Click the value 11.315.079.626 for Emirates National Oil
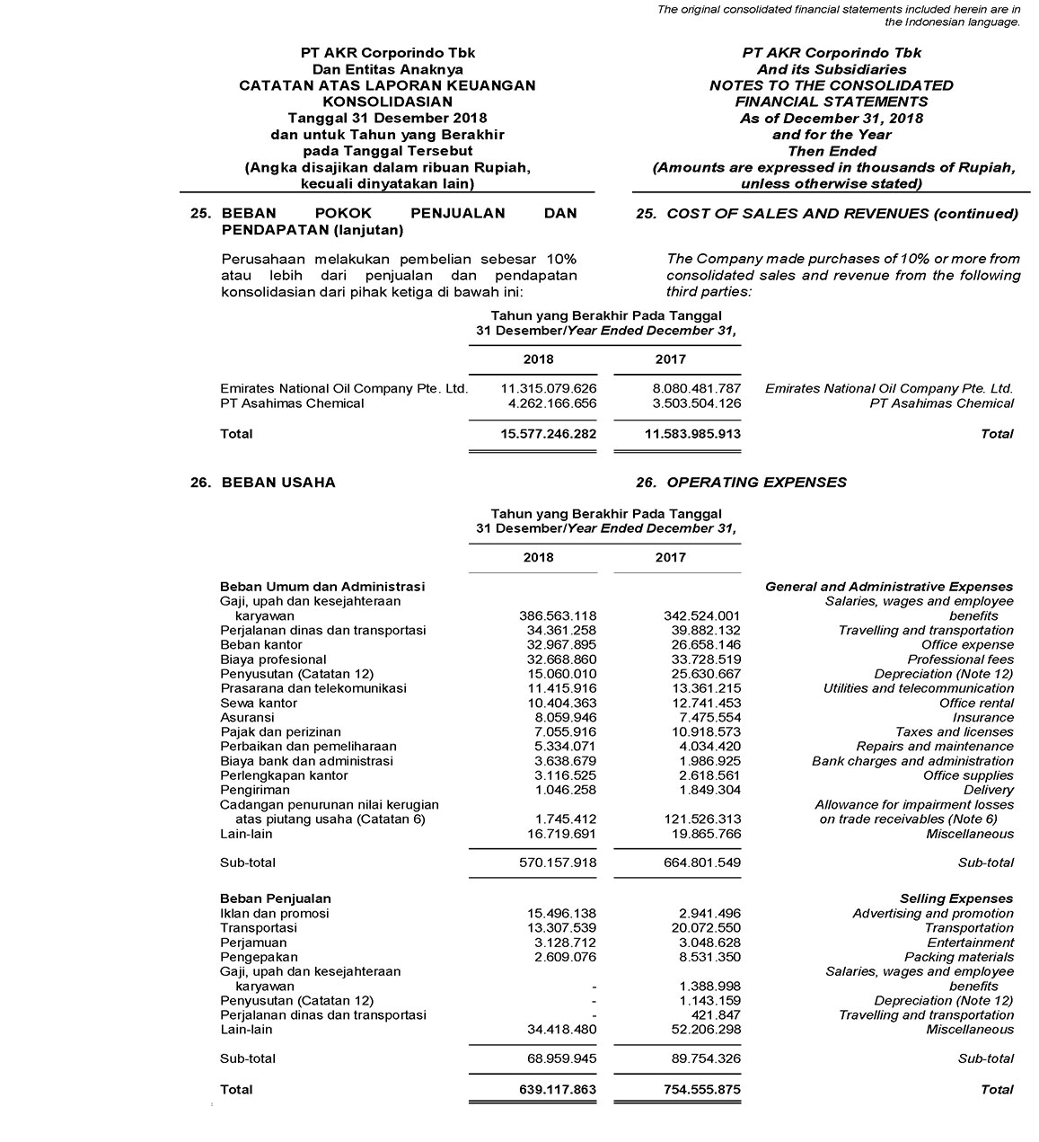click(x=548, y=388)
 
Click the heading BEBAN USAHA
click(x=278, y=482)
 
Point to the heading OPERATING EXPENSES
click(x=756, y=482)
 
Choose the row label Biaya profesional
click(x=260, y=660)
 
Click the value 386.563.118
click(x=558, y=615)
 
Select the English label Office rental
click(x=976, y=703)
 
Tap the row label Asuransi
click(x=247, y=717)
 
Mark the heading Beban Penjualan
click(x=276, y=899)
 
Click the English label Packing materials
click(x=958, y=957)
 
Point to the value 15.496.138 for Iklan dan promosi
click(x=561, y=914)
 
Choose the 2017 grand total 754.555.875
click(x=694, y=1089)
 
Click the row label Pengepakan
click(x=259, y=957)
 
